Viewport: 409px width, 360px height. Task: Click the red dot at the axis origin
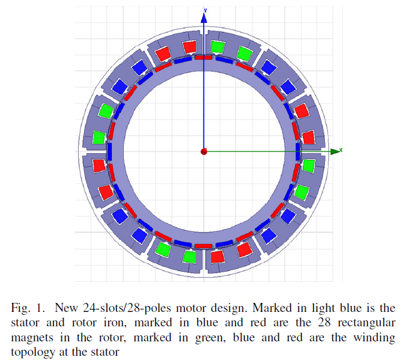(204, 151)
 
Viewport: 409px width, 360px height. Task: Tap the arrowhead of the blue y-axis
(204, 18)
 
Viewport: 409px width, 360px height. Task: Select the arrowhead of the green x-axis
(335, 151)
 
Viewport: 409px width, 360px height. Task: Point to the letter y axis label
(205, 10)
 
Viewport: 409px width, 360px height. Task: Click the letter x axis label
(341, 150)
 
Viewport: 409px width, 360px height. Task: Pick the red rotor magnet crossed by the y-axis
(204, 57)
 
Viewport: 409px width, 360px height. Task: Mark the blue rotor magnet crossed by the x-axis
(298, 151)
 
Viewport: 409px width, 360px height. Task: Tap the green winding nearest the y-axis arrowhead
(217, 47)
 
